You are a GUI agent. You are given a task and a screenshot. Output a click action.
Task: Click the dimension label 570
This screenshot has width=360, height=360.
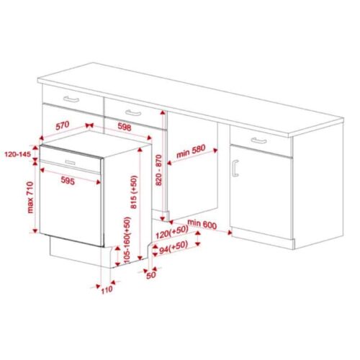click(64, 125)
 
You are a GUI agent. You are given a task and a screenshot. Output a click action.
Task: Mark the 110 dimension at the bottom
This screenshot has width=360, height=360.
click(107, 289)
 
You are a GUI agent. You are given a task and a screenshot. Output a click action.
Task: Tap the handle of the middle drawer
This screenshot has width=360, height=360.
click(132, 114)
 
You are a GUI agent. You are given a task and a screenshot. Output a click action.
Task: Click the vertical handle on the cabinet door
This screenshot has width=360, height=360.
click(235, 168)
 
